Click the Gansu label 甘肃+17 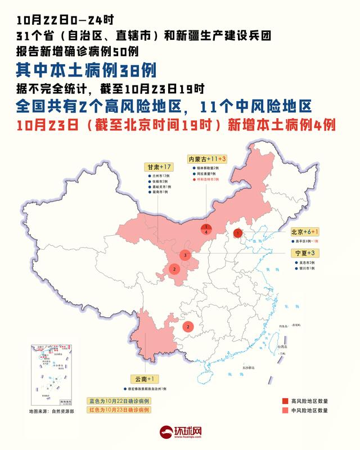(x=158, y=168)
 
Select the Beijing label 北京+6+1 (x=304, y=232)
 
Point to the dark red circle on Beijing (x=238, y=232)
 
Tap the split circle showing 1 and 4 (x=207, y=229)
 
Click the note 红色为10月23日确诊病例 (x=119, y=411)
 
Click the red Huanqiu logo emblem (x=166, y=432)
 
